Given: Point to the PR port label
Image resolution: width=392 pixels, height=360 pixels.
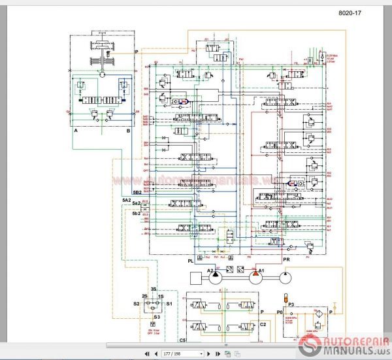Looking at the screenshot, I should coord(287,261).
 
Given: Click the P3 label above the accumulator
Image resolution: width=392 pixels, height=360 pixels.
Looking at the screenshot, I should coord(291,304).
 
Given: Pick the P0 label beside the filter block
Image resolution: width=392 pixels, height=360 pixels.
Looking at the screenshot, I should coord(279,313).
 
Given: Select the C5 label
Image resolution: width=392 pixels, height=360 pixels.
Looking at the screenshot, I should coord(182,340).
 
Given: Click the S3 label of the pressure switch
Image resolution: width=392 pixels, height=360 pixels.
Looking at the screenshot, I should coord(155,316).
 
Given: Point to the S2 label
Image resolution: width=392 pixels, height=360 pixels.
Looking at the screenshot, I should coord(137,304).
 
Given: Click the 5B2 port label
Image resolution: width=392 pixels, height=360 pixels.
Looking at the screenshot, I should coord(137,192).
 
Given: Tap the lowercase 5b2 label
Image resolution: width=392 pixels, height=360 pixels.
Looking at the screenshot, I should coord(137,214).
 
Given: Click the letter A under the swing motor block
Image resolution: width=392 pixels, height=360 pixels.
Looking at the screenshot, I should coord(76,131).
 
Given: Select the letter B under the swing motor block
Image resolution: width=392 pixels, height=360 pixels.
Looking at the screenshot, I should coord(128,131).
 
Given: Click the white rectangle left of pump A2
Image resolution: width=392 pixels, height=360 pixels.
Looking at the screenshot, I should coord(199,276).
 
